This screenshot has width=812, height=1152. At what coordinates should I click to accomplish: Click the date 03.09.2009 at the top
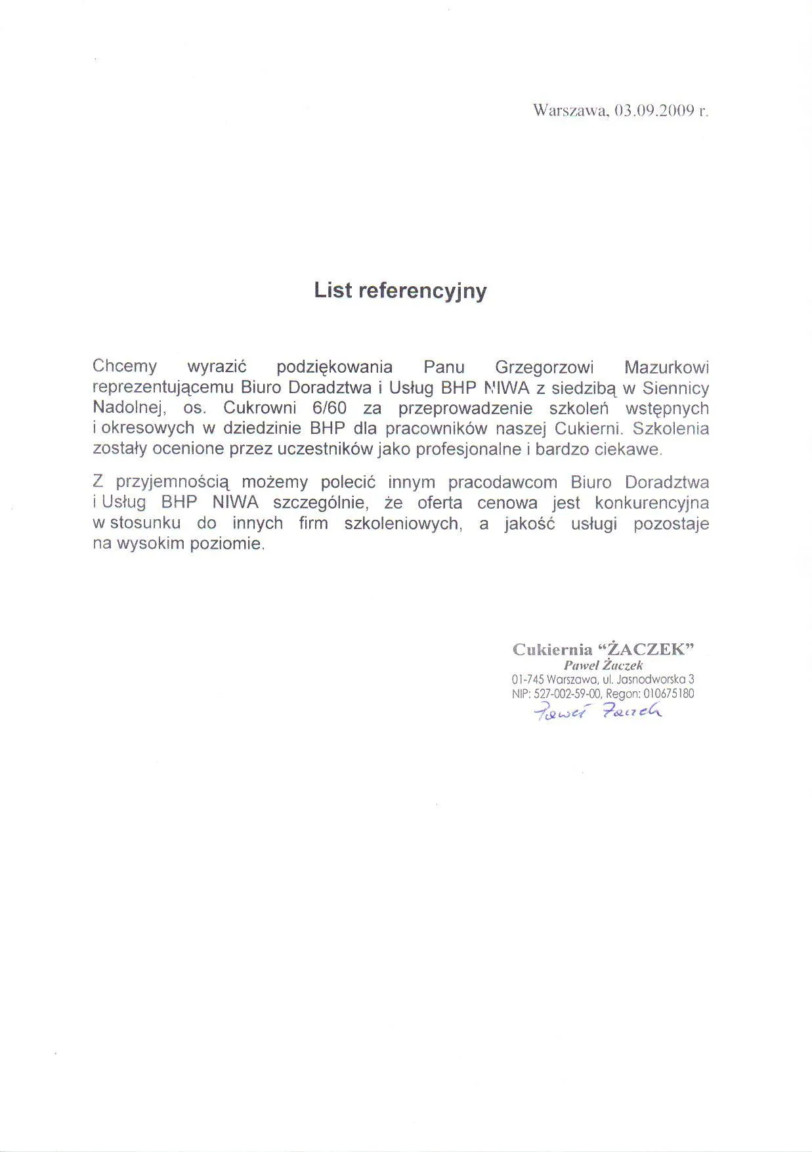tap(654, 110)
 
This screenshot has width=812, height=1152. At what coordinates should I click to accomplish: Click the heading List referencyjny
tap(400, 290)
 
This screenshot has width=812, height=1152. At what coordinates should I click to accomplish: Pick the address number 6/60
tap(330, 408)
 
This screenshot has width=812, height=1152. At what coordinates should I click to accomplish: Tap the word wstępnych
tap(667, 408)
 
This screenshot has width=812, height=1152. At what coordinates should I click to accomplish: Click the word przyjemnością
tap(173, 483)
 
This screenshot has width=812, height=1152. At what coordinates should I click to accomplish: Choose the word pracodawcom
tap(504, 482)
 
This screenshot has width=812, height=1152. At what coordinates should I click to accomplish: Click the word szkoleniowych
tap(401, 524)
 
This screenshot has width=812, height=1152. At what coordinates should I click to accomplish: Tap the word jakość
tap(530, 524)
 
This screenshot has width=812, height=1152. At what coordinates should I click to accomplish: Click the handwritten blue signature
tap(597, 712)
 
